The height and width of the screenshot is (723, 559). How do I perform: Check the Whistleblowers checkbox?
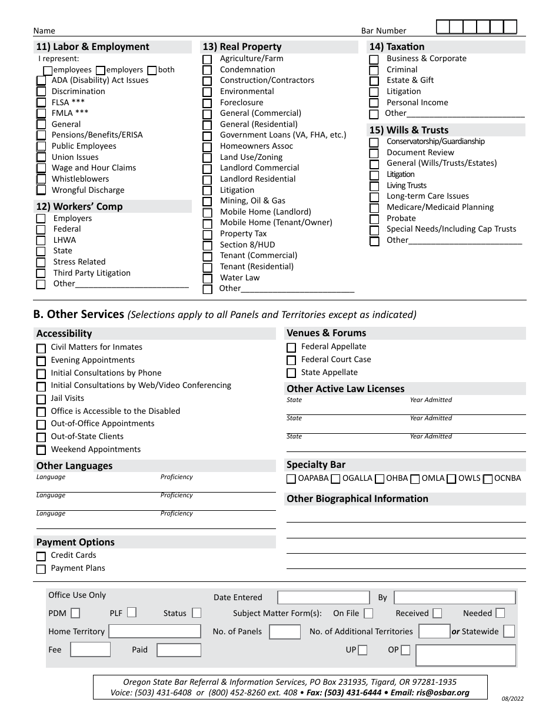tap(41, 179)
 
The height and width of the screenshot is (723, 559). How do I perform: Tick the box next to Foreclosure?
tap(207, 103)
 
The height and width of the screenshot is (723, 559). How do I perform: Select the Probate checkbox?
tap(374, 219)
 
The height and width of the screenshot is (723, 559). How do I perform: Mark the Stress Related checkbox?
tap(41, 262)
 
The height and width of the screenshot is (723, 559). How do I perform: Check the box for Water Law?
tap(207, 278)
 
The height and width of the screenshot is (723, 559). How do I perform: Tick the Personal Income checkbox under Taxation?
tap(374, 103)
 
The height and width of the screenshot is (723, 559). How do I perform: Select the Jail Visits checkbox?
tap(41, 399)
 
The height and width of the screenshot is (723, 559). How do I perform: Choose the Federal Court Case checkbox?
tap(291, 360)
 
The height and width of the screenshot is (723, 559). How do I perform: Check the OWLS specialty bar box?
tap(451, 479)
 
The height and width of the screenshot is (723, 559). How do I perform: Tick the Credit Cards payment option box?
tap(41, 556)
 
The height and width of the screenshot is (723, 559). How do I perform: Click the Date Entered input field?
tap(323, 598)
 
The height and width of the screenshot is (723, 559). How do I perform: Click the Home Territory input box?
tap(155, 631)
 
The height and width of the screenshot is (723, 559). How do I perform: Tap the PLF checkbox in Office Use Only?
tap(132, 612)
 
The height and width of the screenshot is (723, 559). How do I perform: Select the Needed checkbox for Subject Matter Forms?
tap(500, 613)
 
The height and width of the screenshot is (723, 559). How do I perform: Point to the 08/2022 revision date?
tap(513, 699)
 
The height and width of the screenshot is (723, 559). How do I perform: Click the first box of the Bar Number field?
tap(443, 27)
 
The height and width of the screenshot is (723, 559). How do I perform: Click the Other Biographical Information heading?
tap(357, 498)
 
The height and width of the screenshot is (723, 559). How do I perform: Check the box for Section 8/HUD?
tap(207, 245)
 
